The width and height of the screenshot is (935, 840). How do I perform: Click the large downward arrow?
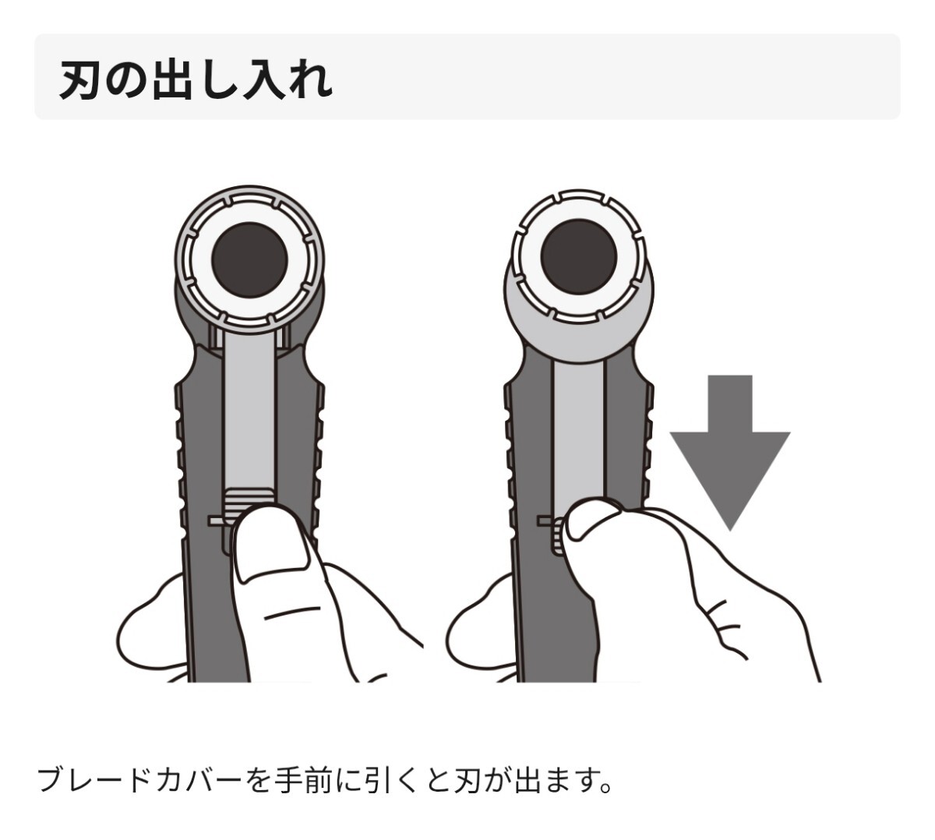(729, 452)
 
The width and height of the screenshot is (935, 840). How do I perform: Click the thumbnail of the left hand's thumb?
(271, 545)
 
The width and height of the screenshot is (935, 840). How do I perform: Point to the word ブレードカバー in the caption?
(139, 781)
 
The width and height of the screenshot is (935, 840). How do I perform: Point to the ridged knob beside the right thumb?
(559, 536)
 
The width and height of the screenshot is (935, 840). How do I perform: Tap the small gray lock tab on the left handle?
(217, 521)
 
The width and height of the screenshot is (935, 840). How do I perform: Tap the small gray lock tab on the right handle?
(545, 521)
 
